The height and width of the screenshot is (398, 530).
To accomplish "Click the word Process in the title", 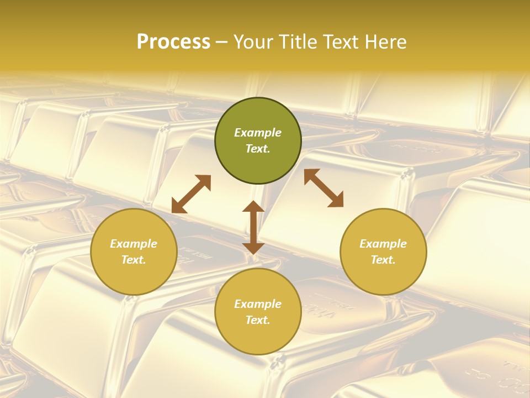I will [173, 42].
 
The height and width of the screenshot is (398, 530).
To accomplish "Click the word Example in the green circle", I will [258, 133].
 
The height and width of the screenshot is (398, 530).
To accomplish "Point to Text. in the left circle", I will [134, 260].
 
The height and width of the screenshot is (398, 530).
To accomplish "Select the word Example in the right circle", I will [383, 244].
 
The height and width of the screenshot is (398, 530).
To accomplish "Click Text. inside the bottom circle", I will [258, 320].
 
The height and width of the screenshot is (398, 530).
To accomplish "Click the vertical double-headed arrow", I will [253, 227].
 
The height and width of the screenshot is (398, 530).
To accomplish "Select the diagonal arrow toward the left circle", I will [191, 194].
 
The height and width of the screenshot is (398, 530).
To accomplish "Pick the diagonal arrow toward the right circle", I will [324, 188].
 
